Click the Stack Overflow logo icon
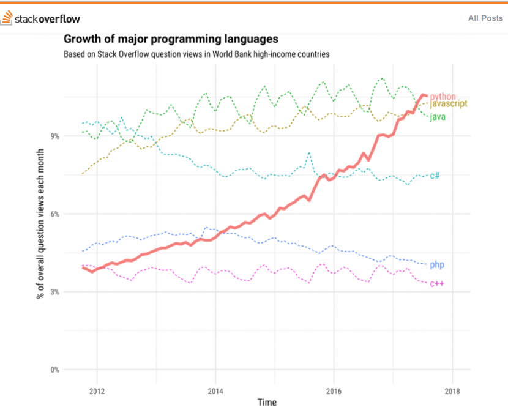[x=7, y=18]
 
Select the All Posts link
[x=485, y=18]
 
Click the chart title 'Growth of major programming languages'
[x=171, y=39]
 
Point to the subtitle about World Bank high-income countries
[x=196, y=54]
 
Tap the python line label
[x=443, y=97]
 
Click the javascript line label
[x=449, y=105]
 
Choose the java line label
[x=437, y=116]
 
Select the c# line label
[x=435, y=176]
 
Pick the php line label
[x=437, y=265]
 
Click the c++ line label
[x=436, y=283]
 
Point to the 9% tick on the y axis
[x=54, y=136]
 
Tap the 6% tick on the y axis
[x=54, y=214]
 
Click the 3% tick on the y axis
[x=54, y=292]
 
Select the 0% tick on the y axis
[x=54, y=370]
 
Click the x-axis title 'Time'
[x=266, y=402]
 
